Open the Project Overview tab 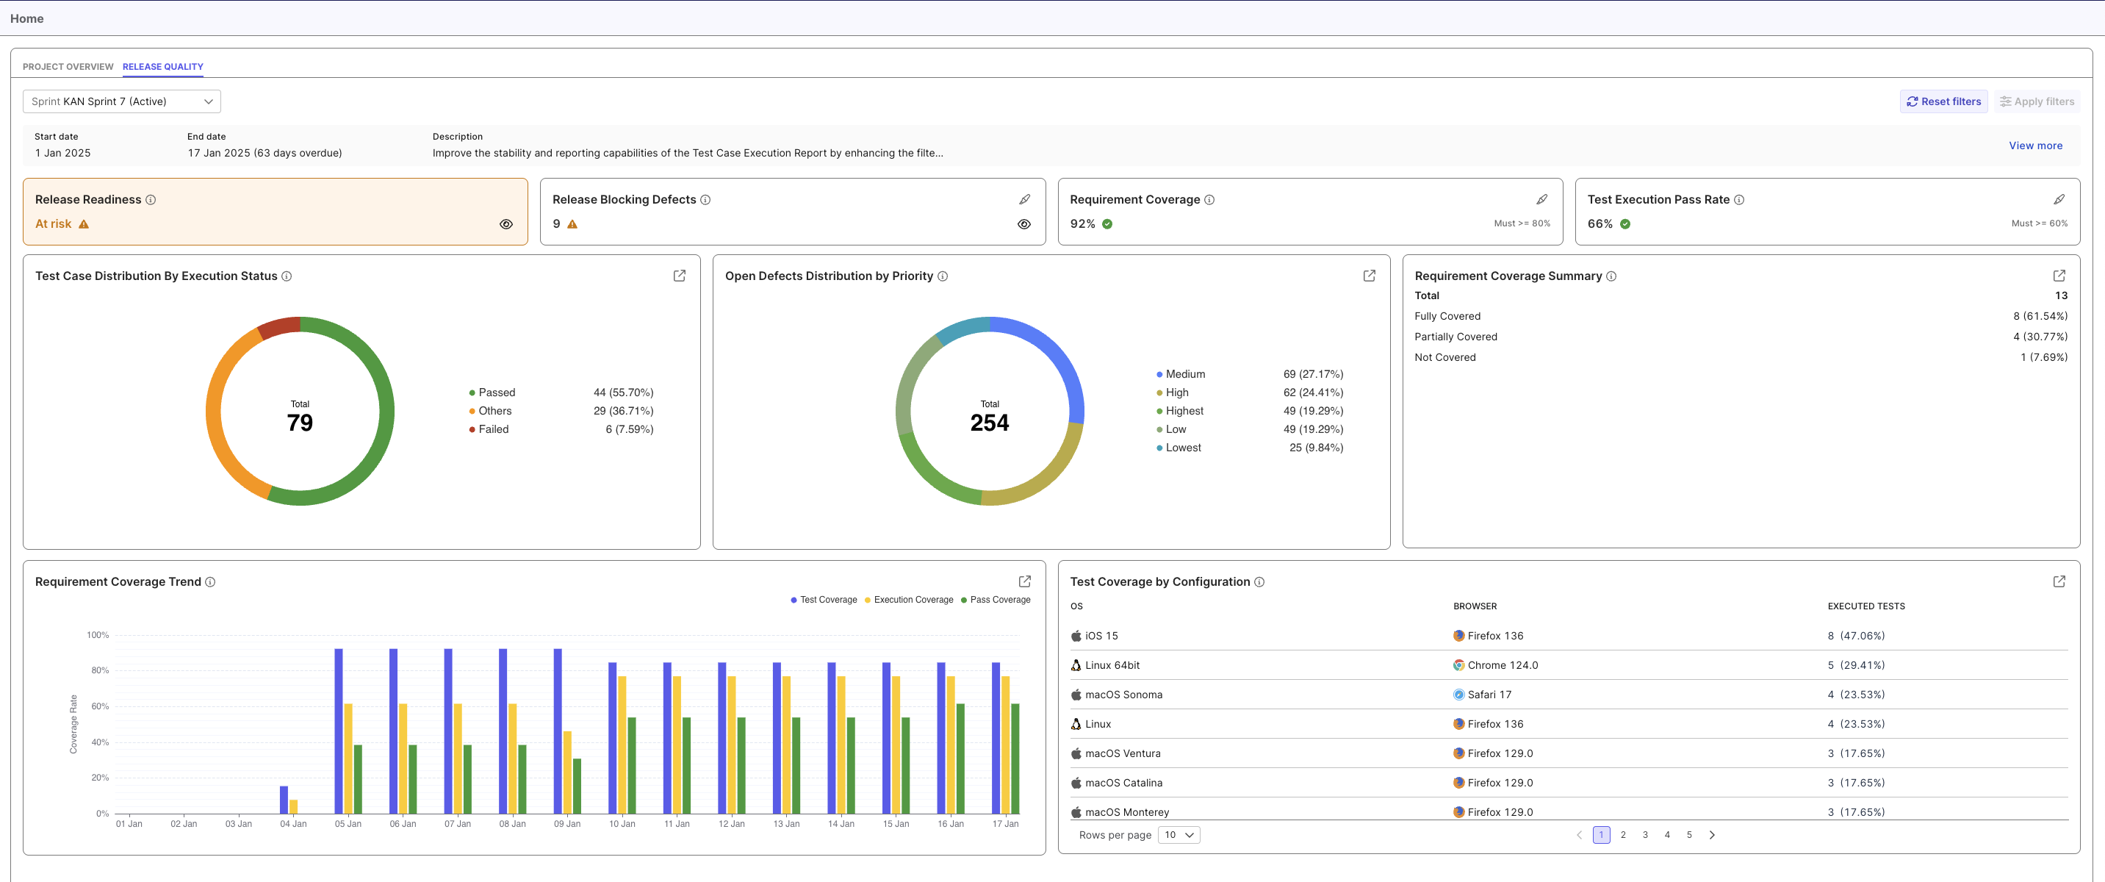(x=68, y=67)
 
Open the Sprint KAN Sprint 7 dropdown (x=122, y=101)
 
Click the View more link (x=2034, y=146)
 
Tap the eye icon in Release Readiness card (x=505, y=224)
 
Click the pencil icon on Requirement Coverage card (x=1541, y=199)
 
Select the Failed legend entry (x=493, y=429)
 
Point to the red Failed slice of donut (x=279, y=327)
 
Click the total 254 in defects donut (x=989, y=423)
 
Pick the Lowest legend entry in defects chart (x=1182, y=448)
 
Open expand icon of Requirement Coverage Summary (x=2059, y=276)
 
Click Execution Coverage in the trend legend (x=913, y=600)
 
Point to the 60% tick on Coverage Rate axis (x=100, y=706)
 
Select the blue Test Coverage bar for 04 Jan (x=284, y=800)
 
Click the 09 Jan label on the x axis (x=567, y=824)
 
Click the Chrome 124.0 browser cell (x=1502, y=665)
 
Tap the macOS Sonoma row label (x=1123, y=695)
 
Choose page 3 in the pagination (x=1644, y=834)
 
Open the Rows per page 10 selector (x=1179, y=834)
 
